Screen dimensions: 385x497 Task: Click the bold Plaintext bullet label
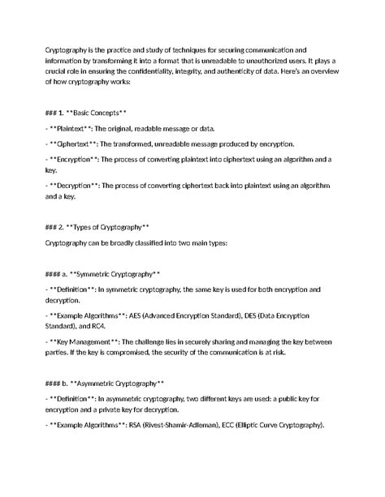tap(76, 129)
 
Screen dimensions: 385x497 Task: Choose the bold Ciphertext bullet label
tap(79, 144)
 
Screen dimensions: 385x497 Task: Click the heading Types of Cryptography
tap(106, 225)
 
